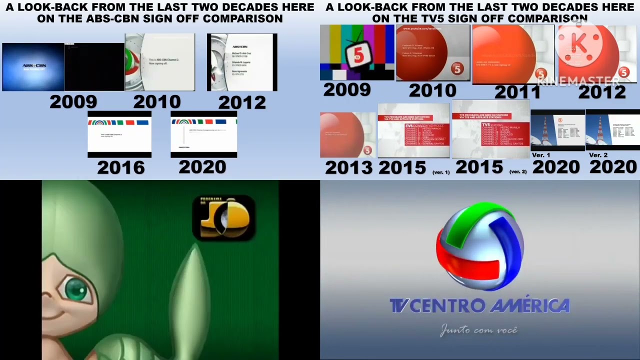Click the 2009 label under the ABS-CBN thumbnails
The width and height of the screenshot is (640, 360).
pos(73,101)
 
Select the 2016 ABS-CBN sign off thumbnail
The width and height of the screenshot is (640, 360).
pos(119,134)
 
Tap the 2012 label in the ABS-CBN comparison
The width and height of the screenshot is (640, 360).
pos(242,102)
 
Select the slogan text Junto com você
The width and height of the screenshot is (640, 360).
pos(478,330)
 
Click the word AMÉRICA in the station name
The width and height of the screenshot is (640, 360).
pos(529,305)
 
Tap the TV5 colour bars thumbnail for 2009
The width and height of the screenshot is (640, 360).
pos(357,52)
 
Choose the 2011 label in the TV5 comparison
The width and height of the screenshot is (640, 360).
pos(517,92)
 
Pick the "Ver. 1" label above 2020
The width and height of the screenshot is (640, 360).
pos(541,155)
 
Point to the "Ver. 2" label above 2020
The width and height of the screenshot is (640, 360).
pos(598,155)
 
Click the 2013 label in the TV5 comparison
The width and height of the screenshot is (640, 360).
pos(348,168)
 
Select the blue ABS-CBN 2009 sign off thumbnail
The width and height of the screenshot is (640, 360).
pos(33,67)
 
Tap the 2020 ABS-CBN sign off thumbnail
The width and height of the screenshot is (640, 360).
pos(203,134)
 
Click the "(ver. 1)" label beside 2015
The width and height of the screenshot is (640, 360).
pos(440,172)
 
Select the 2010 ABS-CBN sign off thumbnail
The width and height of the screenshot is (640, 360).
pos(159,62)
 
